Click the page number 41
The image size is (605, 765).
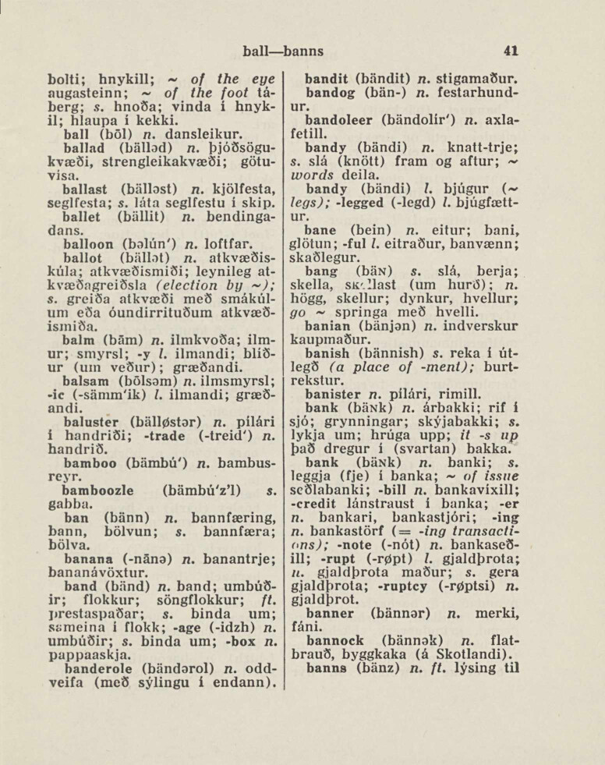pyautogui.click(x=511, y=52)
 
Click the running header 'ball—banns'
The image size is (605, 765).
pyautogui.click(x=282, y=52)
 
